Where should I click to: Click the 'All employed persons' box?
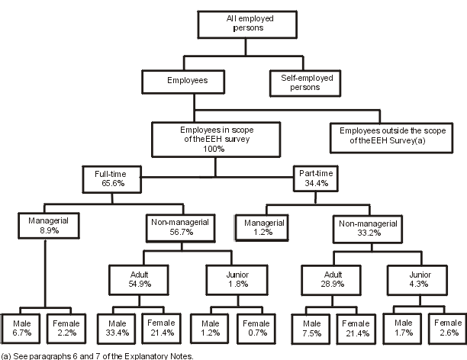(x=242, y=23)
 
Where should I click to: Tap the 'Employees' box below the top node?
(x=183, y=79)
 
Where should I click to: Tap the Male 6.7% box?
(x=22, y=328)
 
